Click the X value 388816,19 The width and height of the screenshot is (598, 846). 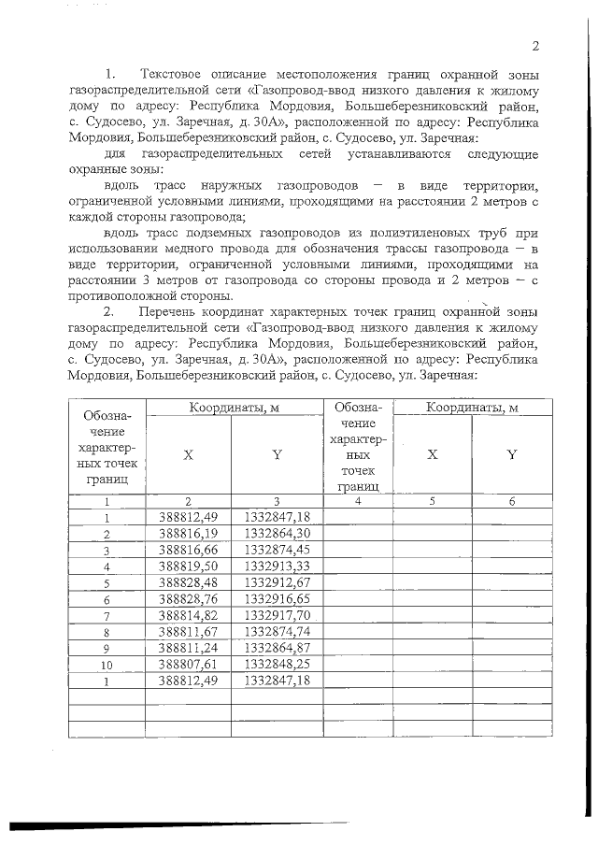(188, 533)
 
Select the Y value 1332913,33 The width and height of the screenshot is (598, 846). (276, 566)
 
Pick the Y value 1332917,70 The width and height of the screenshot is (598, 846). (276, 616)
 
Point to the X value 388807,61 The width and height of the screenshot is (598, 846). (188, 665)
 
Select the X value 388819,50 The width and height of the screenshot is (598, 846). (188, 566)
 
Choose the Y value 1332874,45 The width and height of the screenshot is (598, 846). (276, 550)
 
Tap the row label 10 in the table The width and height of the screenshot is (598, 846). (107, 666)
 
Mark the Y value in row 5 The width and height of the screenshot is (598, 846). (276, 583)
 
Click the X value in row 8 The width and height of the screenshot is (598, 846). (188, 632)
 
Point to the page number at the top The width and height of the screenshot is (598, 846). (535, 47)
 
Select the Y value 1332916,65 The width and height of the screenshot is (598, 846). (276, 599)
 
